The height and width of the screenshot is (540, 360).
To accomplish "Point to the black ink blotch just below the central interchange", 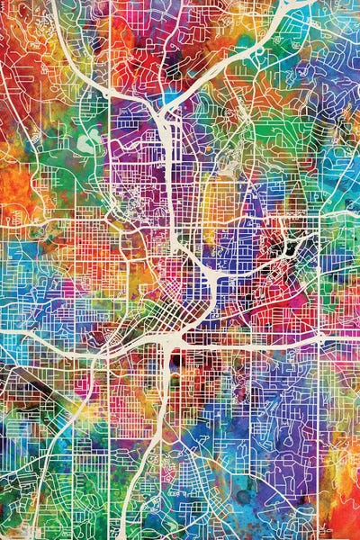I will pos(171,360).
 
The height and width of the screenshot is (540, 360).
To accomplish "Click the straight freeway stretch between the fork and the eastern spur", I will pos(169,180).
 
